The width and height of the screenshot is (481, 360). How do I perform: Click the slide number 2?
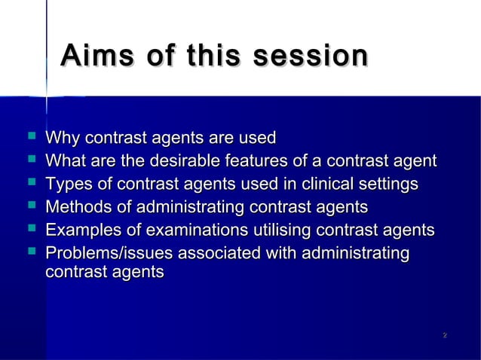point(446,334)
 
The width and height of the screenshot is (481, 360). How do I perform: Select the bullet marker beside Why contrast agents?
point(30,138)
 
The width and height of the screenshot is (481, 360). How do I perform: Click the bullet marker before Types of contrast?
point(30,184)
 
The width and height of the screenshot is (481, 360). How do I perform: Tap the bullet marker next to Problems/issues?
point(30,252)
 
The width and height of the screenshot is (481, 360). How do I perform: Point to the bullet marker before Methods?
point(30,206)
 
